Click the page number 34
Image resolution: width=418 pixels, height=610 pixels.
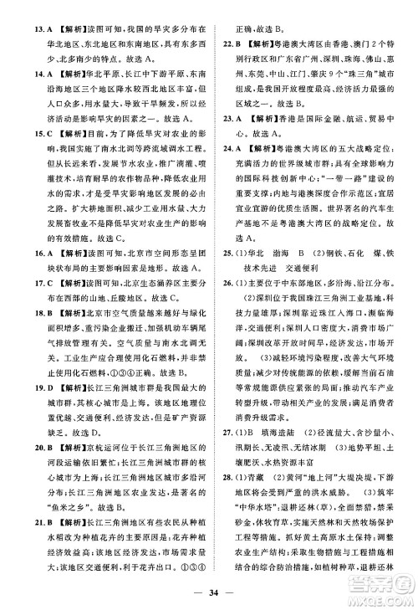tap(209, 595)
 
